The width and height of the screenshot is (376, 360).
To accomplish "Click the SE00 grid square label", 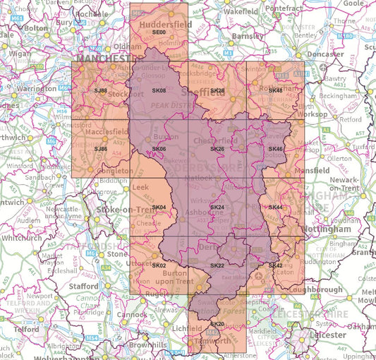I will (x=159, y=32).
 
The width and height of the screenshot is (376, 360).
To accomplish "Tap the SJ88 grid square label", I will (x=101, y=91).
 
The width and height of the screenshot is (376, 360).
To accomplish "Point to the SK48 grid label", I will (x=275, y=91).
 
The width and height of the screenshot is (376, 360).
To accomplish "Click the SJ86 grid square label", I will (x=101, y=149).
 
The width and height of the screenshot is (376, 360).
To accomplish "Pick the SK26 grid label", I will (x=217, y=149).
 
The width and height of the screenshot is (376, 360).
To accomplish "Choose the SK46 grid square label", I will (x=275, y=149).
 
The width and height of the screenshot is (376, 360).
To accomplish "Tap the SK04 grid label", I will (x=159, y=207).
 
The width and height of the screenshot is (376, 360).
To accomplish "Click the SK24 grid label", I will (x=217, y=207).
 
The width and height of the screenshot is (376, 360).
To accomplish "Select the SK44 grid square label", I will (x=275, y=207).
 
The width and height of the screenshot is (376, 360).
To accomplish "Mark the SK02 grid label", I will (x=159, y=265).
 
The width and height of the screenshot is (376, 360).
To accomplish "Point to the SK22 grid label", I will (x=217, y=265).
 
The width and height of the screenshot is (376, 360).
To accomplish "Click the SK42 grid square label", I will (x=275, y=265).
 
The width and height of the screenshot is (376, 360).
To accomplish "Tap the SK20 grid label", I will (x=217, y=323).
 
